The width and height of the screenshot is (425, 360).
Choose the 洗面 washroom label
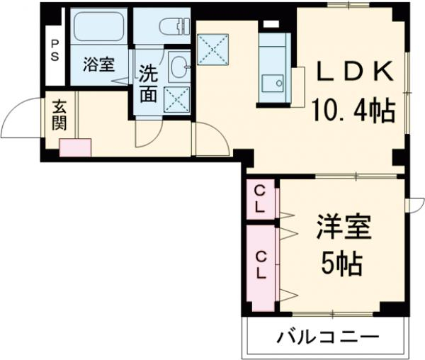point(148,84)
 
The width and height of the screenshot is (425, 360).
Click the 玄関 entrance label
point(59,115)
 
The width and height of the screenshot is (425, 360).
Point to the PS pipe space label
point(54,50)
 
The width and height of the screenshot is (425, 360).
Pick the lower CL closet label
point(261,264)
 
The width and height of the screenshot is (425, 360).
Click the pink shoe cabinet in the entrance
point(75,147)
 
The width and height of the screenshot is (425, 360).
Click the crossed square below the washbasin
point(176,99)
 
